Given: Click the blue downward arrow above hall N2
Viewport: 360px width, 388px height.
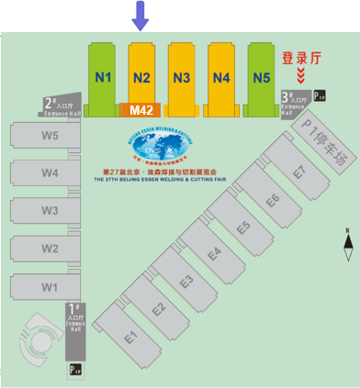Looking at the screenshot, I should pos(140,16).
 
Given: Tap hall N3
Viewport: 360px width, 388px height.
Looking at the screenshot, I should pos(182,79).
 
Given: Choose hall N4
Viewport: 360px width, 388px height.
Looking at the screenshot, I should pos(221,79).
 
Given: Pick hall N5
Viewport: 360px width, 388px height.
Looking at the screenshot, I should pos(262,79).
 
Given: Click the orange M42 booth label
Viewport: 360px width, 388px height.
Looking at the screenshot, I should pos(141,110).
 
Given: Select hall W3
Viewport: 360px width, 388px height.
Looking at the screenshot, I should pos(49,211).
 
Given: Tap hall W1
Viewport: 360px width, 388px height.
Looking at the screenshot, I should pos(49,287).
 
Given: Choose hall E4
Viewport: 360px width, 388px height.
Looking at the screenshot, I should pos(214,253).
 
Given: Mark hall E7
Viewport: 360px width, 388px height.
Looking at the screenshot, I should pos(298,171).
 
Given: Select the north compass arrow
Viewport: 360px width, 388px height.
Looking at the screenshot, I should pos(347,242).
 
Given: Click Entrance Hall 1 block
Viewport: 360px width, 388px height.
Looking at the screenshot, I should pos(75,330).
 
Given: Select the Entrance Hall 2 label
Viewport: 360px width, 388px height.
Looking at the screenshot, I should pos(61,105).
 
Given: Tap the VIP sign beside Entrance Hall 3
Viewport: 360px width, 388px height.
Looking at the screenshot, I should pos(320,94).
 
